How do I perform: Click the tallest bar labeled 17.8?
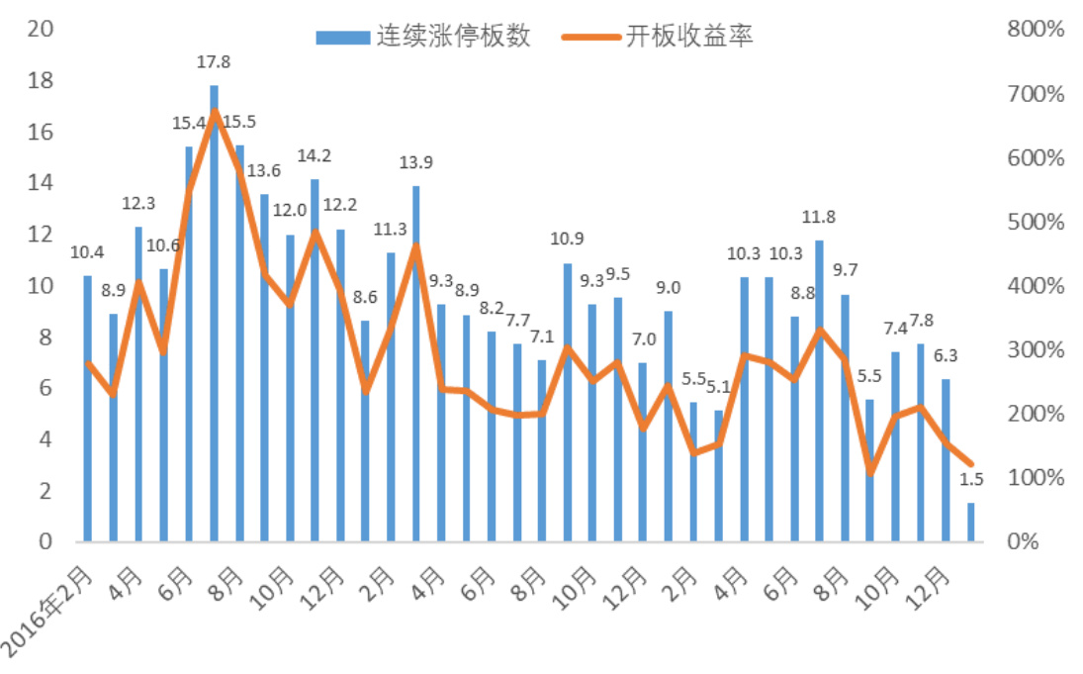click(x=214, y=317)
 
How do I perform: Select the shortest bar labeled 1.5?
click(x=970, y=523)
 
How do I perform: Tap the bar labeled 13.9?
click(x=415, y=366)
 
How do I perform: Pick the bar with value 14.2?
click(x=315, y=361)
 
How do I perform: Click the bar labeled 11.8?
click(x=819, y=391)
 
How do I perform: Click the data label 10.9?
click(x=567, y=239)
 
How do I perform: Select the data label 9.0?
click(x=669, y=288)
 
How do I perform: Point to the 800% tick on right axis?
click(x=1035, y=31)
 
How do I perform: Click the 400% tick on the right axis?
click(x=1035, y=286)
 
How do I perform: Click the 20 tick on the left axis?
click(x=41, y=29)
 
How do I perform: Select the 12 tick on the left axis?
click(x=41, y=235)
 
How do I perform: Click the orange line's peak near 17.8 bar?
click(x=215, y=111)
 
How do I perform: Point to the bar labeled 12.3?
click(x=138, y=386)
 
